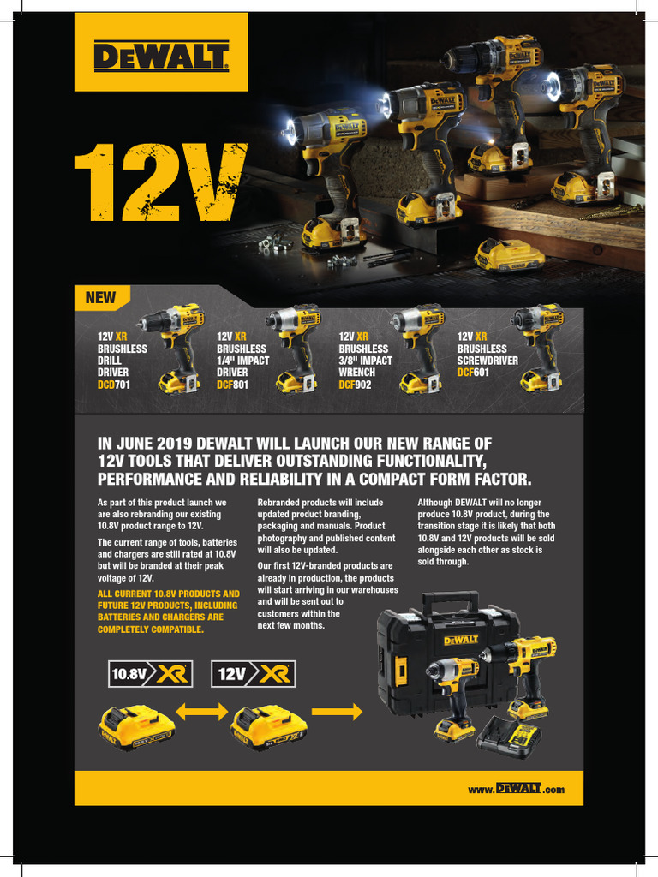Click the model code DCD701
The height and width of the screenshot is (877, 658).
click(x=114, y=385)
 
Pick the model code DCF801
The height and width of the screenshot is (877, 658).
click(x=232, y=385)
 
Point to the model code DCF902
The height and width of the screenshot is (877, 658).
click(x=356, y=385)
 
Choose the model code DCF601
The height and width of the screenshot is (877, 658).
click(x=474, y=373)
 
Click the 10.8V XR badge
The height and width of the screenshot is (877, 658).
click(x=149, y=673)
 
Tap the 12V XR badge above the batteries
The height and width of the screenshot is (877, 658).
click(x=254, y=673)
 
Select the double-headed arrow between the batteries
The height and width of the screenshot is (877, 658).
click(x=202, y=712)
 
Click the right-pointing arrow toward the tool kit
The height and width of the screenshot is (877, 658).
click(x=337, y=712)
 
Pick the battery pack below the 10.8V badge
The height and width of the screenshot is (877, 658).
click(x=136, y=726)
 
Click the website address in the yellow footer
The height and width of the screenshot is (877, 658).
click(x=516, y=789)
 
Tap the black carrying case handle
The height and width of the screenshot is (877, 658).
click(x=450, y=600)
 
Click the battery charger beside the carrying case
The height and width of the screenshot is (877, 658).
click(x=509, y=737)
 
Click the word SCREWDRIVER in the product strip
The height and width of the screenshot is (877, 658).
click(x=488, y=361)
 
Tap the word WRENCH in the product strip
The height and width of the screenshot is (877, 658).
click(x=356, y=373)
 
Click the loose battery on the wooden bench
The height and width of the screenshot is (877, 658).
click(x=509, y=255)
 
